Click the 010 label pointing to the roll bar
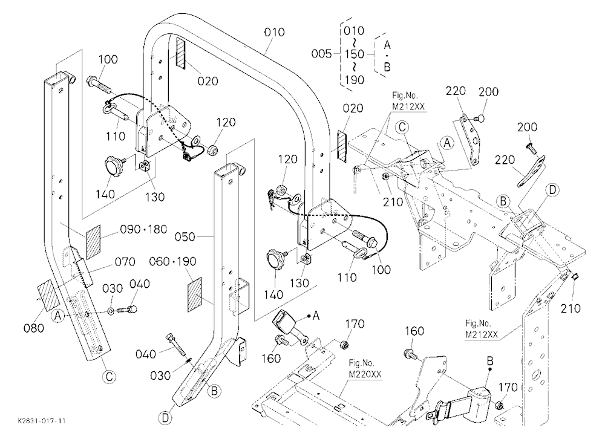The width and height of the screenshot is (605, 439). (274, 32)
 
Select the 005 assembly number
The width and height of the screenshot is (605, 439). (321, 54)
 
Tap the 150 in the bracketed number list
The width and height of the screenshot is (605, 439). (354, 54)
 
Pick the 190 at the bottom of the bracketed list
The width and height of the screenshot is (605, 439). (354, 79)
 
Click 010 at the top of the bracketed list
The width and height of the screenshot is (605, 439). (353, 30)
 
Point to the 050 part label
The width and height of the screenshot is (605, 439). (185, 236)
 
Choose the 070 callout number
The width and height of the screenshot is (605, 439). (125, 262)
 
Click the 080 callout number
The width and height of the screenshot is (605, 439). (34, 328)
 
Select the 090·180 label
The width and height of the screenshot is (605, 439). (143, 229)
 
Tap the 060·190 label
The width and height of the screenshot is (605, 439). (172, 262)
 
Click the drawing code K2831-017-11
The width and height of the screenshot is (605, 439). (42, 420)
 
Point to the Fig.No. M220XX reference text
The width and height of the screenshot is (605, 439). (362, 368)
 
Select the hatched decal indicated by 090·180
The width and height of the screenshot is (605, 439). (93, 242)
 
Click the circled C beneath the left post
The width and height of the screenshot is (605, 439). (109, 376)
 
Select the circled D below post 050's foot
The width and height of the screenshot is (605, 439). (165, 418)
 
